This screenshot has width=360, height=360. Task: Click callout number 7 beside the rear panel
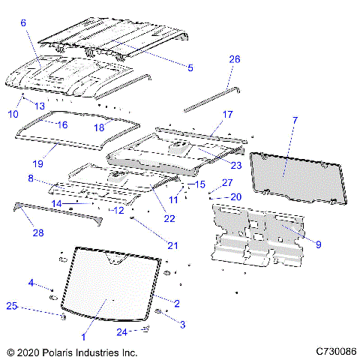295,120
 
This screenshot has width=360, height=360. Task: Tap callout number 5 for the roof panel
190,67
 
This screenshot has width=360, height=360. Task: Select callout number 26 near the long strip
234,58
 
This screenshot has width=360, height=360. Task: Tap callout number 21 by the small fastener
172,245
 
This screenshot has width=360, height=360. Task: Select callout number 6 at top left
23,23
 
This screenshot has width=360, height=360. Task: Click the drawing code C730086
336,351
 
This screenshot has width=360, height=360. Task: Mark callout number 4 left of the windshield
31,282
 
